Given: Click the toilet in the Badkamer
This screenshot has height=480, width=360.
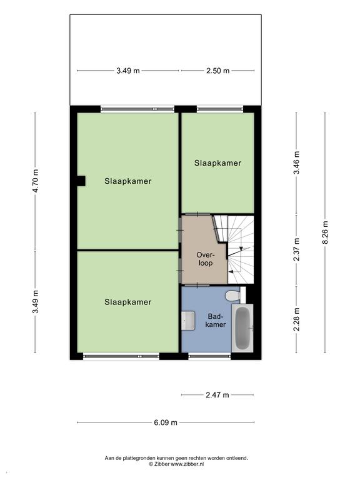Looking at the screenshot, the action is click(x=235, y=294).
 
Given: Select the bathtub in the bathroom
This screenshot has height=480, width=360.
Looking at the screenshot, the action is click(x=242, y=328).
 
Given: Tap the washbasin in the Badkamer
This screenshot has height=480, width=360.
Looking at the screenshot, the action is click(x=188, y=321).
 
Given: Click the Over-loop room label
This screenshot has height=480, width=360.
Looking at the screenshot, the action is click(x=206, y=259).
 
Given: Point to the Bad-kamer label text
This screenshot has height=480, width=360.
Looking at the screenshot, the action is click(x=216, y=320).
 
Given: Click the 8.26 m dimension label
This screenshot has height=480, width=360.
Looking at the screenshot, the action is click(x=325, y=232).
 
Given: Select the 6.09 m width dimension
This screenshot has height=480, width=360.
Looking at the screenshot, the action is click(x=166, y=422).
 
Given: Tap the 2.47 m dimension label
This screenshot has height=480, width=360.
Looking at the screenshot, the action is click(x=217, y=395).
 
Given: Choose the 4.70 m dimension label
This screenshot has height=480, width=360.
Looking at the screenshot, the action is click(x=35, y=181).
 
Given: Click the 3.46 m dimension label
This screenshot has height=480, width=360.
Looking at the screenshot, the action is click(x=296, y=162).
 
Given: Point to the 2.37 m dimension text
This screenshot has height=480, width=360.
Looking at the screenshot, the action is click(x=296, y=249).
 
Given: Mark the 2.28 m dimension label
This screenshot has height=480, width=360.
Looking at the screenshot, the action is click(x=296, y=319).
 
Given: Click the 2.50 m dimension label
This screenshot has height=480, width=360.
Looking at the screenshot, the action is click(x=217, y=71).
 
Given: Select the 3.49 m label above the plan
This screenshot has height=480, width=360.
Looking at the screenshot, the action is click(x=128, y=71).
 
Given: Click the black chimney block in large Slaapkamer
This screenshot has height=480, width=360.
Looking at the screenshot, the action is click(x=81, y=181).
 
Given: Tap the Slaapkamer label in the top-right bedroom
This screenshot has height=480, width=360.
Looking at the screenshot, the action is click(x=217, y=163).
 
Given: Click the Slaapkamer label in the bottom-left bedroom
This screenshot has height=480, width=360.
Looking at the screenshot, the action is click(x=128, y=302).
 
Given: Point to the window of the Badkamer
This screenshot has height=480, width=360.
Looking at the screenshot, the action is click(x=210, y=356).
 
